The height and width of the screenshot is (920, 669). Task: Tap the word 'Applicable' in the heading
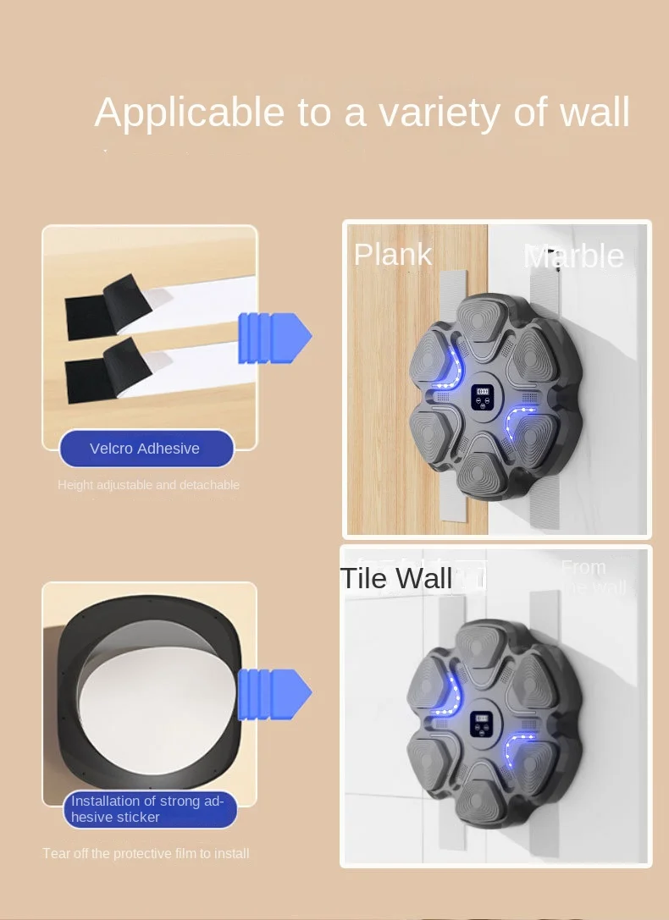pos(190,113)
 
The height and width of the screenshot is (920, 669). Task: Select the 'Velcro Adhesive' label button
pos(146,449)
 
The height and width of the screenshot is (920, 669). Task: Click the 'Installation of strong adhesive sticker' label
pos(149,809)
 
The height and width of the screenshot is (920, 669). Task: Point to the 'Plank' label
pos(393,255)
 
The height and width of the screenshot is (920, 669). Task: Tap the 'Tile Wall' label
pos(396,579)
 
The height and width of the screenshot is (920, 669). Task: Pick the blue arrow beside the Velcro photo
pos(274,338)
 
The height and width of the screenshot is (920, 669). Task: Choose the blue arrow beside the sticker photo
pos(274,694)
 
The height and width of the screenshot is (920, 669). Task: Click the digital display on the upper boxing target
pos(482,393)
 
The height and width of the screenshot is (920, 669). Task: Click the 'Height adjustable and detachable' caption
pos(148,485)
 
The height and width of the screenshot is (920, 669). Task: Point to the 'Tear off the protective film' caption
pos(146,853)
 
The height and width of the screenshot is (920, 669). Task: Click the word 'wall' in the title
pos(594,113)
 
